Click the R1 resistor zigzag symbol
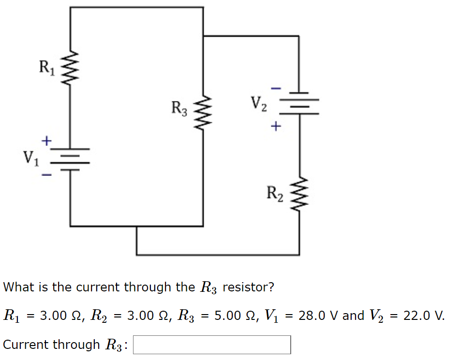[71, 68]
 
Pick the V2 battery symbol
[299, 102]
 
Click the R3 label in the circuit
[179, 108]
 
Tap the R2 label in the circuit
[275, 193]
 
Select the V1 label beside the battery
[31, 157]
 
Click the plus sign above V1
[46, 141]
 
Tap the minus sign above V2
[275, 88]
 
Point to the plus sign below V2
[275, 127]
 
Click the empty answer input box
[212, 345]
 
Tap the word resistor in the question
[248, 287]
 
